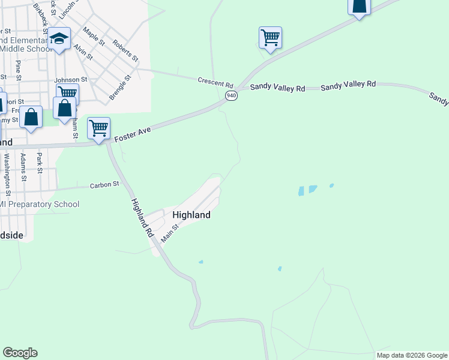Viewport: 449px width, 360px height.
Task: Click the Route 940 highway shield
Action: pyautogui.click(x=232, y=95)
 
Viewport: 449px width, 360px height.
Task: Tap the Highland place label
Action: pyautogui.click(x=191, y=215)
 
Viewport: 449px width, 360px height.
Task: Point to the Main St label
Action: pyautogui.click(x=170, y=233)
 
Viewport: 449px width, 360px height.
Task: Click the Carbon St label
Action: pyautogui.click(x=105, y=185)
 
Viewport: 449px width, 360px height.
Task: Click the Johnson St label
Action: pyautogui.click(x=71, y=79)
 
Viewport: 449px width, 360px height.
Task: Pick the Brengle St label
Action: pyautogui.click(x=120, y=87)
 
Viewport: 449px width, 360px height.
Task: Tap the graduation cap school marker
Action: pyautogui.click(x=59, y=39)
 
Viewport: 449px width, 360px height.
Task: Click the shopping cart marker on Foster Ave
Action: pyautogui.click(x=98, y=128)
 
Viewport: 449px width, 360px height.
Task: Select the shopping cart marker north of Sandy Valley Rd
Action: pyautogui.click(x=270, y=38)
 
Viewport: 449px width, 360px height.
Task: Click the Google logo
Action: pyautogui.click(x=20, y=353)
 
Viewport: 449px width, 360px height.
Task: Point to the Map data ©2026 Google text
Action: pyautogui.click(x=412, y=355)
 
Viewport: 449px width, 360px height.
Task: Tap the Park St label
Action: pyautogui.click(x=40, y=163)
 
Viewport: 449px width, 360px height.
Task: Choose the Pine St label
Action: pyautogui.click(x=19, y=70)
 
